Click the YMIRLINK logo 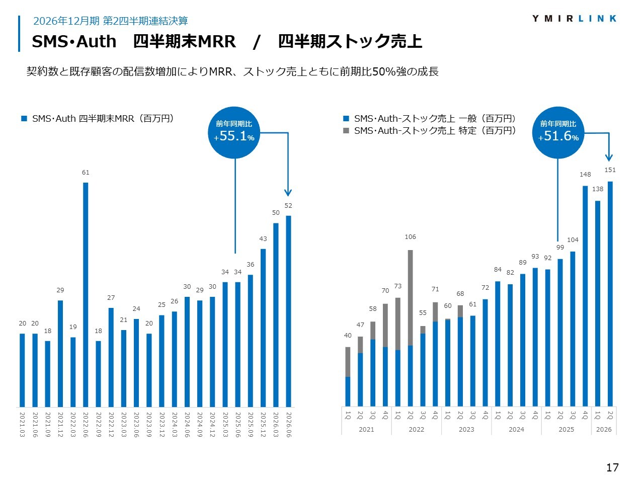[x=574, y=19]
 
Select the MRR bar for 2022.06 [x=86, y=294]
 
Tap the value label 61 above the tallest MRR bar [x=86, y=173]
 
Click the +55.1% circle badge [x=234, y=132]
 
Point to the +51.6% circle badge [x=558, y=132]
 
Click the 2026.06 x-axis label [x=288, y=425]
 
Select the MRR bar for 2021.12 [x=60, y=353]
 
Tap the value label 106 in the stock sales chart [x=410, y=236]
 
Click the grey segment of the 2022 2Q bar [x=410, y=298]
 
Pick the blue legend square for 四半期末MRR [x=24, y=118]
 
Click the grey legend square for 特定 [x=346, y=130]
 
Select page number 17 [x=612, y=467]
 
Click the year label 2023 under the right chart [x=466, y=429]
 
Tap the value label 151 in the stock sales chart [x=610, y=170]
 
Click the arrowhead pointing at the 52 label [x=288, y=193]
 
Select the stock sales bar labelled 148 [x=585, y=296]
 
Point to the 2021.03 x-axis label [x=22, y=425]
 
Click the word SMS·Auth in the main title [x=74, y=41]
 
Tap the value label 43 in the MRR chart [x=263, y=238]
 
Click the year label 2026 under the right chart [x=604, y=429]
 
